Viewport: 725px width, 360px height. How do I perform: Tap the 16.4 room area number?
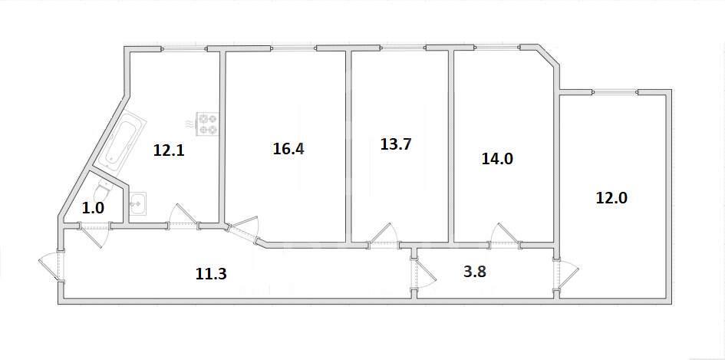[x=288, y=149]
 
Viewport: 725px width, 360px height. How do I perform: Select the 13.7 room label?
[x=396, y=144]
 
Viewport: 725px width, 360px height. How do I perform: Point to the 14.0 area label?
[x=497, y=159]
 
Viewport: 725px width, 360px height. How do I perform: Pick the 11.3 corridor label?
[x=211, y=274]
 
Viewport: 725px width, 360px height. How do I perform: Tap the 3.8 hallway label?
[x=474, y=272]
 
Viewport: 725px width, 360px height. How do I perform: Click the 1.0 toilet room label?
[x=93, y=208]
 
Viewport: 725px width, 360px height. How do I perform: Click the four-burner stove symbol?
[x=206, y=124]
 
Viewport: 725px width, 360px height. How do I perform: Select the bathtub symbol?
[x=121, y=140]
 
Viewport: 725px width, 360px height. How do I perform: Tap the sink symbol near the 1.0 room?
[x=138, y=203]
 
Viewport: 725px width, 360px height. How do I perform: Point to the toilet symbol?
[x=103, y=190]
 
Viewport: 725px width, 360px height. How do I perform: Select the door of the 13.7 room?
[x=382, y=235]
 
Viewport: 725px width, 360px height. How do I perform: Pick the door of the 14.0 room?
[x=505, y=235]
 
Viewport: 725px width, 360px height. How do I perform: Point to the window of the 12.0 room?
[x=615, y=92]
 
